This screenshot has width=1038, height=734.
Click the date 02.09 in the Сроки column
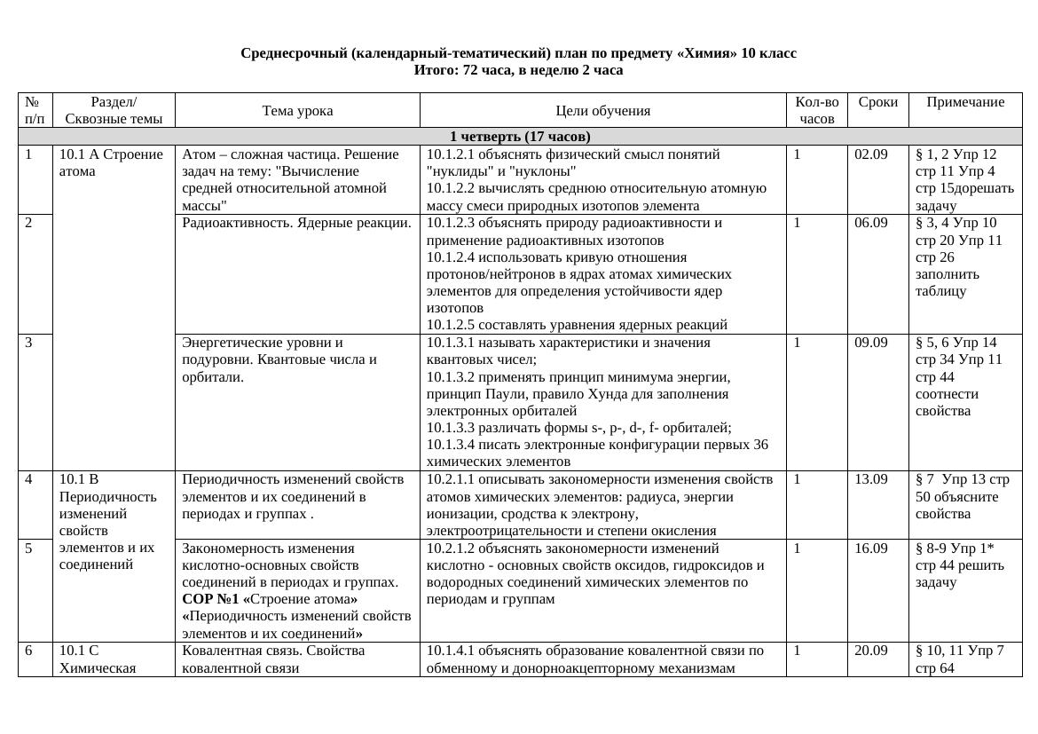[x=870, y=154]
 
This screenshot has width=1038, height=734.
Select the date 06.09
[x=870, y=223]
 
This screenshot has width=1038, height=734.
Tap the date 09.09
[x=870, y=343]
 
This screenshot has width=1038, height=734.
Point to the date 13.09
[x=870, y=479]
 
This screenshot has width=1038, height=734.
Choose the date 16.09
[x=870, y=549]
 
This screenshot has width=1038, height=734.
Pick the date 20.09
[x=870, y=651]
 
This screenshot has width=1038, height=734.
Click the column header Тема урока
[x=297, y=111]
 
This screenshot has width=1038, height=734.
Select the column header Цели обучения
[x=602, y=111]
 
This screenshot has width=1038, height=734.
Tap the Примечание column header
[x=965, y=102]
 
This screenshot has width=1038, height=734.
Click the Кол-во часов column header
[x=816, y=110]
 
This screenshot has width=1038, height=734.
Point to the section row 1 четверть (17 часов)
[x=520, y=137]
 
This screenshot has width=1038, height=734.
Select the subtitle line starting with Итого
[x=519, y=70]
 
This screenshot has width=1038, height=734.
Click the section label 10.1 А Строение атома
[x=111, y=162]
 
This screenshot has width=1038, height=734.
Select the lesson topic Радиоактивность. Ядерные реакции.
[x=296, y=223]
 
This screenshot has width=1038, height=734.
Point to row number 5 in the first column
[x=29, y=549]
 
